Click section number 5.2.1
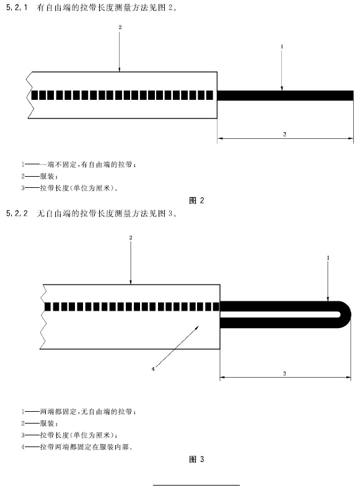coord(17,7)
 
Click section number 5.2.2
coord(17,213)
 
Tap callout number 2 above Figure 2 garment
coord(120,27)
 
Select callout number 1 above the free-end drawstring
coord(282,47)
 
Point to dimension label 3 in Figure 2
coord(284,134)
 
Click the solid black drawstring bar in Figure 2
coord(285,95)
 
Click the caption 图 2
coord(196,200)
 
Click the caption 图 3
coord(196,460)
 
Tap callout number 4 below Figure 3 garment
coord(153,369)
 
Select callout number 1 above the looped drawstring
coord(328,258)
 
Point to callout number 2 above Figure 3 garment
coord(131,238)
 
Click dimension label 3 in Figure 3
coord(284,373)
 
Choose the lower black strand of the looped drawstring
coord(279,323)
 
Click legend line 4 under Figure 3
coord(77,446)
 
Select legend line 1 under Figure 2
coord(79,164)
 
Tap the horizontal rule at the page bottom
coord(196,485)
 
